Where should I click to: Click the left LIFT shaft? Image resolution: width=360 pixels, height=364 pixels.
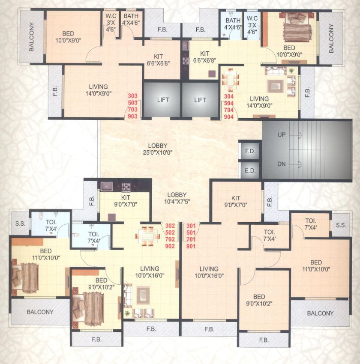click(162, 100)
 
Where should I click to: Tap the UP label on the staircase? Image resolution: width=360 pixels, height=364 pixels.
click(282, 135)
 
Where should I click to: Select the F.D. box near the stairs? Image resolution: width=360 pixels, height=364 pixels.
click(249, 151)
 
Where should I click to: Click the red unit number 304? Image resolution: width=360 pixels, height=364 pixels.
click(229, 97)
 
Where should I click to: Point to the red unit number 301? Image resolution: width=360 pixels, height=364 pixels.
click(191, 226)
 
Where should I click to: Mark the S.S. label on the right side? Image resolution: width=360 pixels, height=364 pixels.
click(341, 225)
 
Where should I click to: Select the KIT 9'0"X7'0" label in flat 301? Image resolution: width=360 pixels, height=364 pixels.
click(236, 201)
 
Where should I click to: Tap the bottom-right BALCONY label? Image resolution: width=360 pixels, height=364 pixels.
click(320, 313)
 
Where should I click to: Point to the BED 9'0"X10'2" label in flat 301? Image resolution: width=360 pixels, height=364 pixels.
click(259, 300)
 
